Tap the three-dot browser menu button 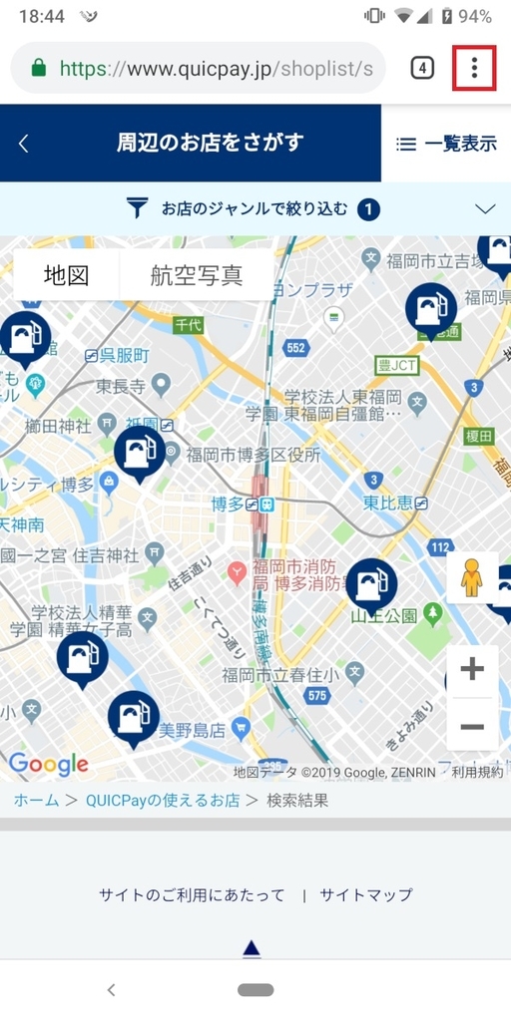pos(474,68)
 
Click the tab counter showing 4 pos(422,68)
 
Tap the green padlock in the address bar pos(39,68)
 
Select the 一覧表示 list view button pos(446,144)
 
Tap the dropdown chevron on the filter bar pos(486,209)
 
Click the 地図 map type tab pos(67,275)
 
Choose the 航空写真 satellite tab pos(197,275)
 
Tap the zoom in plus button pos(472,669)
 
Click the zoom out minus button pos(472,726)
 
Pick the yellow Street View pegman pos(472,577)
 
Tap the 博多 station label pos(230,505)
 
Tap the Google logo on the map pos(49,765)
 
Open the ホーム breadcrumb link pos(36,800)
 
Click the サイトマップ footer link pos(365,895)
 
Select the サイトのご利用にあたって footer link pos(192,895)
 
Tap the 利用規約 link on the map pos(477,772)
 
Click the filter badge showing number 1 pos(369,209)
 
